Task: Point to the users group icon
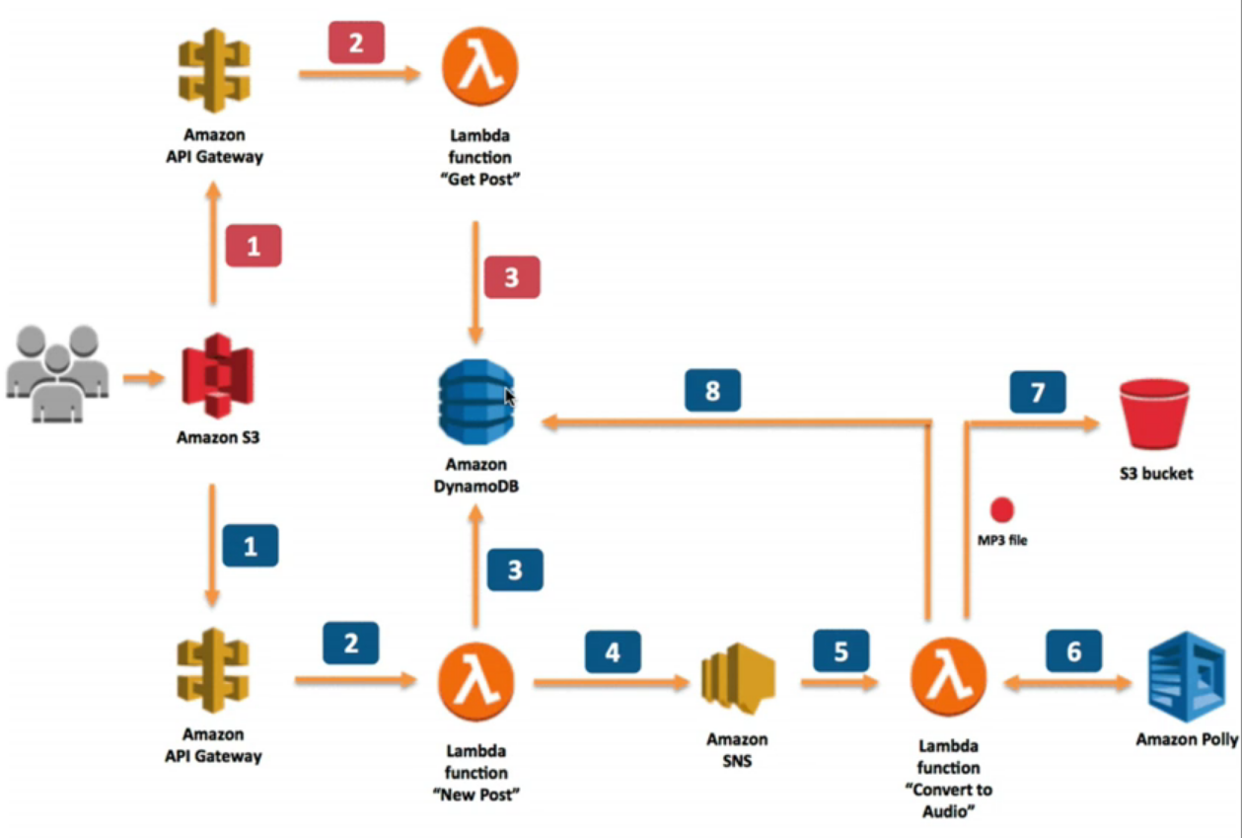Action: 57,375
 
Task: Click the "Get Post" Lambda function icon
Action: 479,67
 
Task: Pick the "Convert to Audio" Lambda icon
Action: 947,681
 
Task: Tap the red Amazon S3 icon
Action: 218,380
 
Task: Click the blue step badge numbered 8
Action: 712,392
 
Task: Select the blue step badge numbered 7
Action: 1037,392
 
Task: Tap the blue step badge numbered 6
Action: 1073,651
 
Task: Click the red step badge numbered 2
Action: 356,42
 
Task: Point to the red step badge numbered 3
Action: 511,276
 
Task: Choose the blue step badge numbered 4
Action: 613,652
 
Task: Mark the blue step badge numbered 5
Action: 841,650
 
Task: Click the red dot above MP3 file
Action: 1002,509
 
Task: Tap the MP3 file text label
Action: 1001,540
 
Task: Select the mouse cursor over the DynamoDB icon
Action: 510,397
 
